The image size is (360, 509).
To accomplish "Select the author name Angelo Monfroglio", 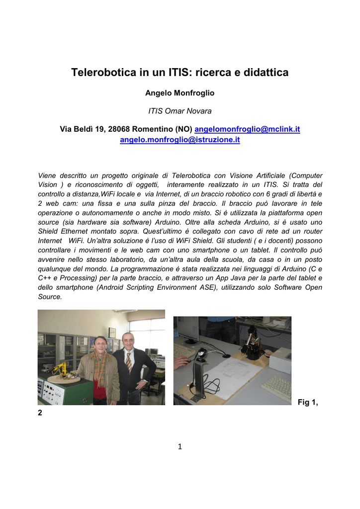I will [x=180, y=93].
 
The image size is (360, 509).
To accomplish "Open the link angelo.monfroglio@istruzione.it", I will [x=180, y=140].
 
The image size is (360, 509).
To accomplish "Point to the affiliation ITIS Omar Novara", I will [x=180, y=111].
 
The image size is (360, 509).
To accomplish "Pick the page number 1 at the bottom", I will [x=180, y=447].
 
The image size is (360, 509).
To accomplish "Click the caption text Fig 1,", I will [x=307, y=402].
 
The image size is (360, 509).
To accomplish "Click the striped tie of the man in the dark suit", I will [x=128, y=361].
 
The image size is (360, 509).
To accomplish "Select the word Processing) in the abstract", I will [x=90, y=278].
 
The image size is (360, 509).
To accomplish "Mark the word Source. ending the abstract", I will [x=50, y=297].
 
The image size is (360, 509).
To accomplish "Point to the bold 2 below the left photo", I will [x=40, y=413].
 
